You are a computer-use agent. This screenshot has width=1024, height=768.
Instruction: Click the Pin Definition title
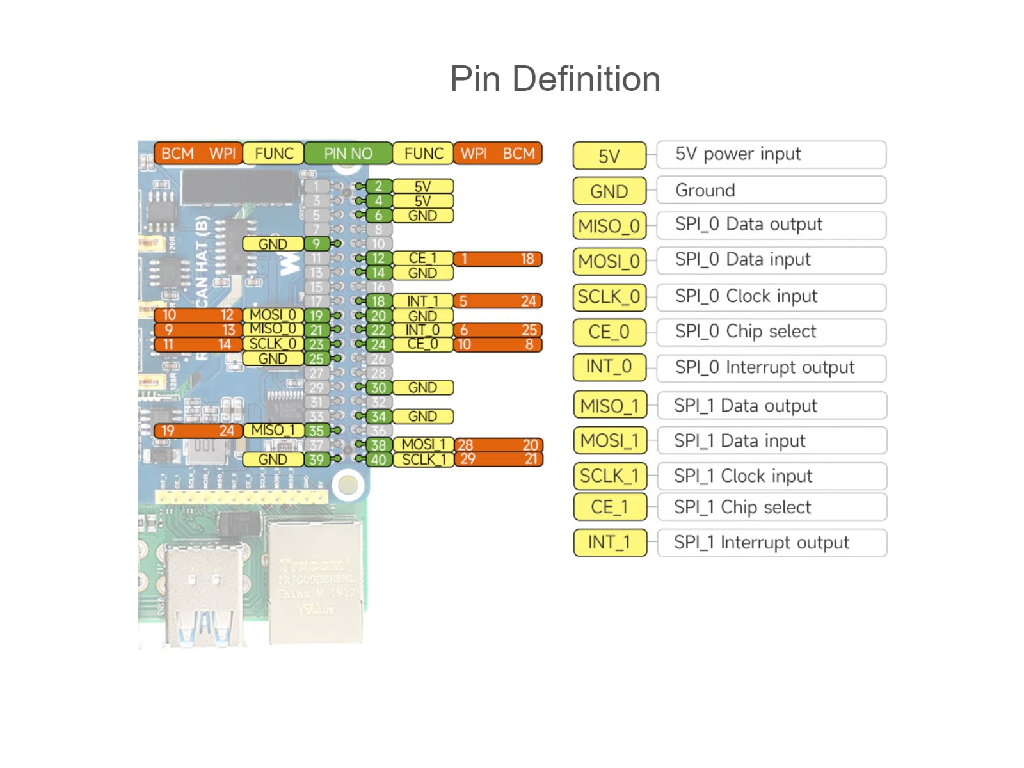pyautogui.click(x=555, y=79)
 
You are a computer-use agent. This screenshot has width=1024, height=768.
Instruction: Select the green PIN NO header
pyautogui.click(x=348, y=154)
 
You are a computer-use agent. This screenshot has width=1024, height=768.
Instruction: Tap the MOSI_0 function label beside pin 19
pyautogui.click(x=273, y=315)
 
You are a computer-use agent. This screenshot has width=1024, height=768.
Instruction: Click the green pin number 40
pyautogui.click(x=378, y=460)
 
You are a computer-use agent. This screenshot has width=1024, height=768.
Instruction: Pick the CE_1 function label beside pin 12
pyautogui.click(x=422, y=259)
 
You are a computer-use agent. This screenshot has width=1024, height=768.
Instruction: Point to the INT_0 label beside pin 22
pyautogui.click(x=422, y=330)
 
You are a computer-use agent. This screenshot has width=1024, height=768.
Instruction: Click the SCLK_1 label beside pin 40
pyautogui.click(x=423, y=460)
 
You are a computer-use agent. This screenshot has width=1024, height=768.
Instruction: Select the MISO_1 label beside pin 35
pyautogui.click(x=273, y=431)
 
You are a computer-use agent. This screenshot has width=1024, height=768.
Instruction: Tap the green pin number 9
pyautogui.click(x=316, y=244)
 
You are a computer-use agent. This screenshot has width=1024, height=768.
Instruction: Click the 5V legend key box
pyautogui.click(x=609, y=156)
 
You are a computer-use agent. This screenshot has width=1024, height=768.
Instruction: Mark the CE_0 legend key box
pyautogui.click(x=609, y=332)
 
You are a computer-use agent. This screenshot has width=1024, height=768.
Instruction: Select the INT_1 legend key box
pyautogui.click(x=609, y=543)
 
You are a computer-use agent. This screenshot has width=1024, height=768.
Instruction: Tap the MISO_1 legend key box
pyautogui.click(x=609, y=406)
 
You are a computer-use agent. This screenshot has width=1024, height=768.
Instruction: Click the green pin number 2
pyautogui.click(x=378, y=186)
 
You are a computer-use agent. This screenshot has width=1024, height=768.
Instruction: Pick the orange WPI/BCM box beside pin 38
pyautogui.click(x=498, y=445)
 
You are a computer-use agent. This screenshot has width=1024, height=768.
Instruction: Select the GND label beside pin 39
pyautogui.click(x=273, y=460)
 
